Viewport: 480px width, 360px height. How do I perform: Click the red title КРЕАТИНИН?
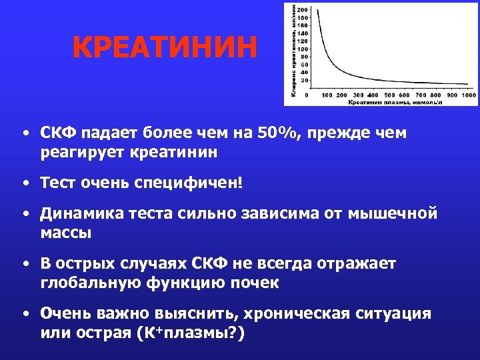click(x=164, y=49)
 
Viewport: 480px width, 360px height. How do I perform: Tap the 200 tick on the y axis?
click(x=303, y=9)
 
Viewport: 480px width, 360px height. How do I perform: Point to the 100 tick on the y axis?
click(x=303, y=49)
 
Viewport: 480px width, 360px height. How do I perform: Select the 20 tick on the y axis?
click(x=304, y=80)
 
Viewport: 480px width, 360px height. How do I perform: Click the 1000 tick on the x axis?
click(x=469, y=95)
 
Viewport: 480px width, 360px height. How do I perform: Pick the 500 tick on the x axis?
click(x=390, y=95)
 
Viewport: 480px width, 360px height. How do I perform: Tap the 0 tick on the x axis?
click(x=307, y=95)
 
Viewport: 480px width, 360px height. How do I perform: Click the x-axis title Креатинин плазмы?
click(x=394, y=102)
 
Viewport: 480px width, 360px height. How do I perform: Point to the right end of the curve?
click(x=467, y=84)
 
